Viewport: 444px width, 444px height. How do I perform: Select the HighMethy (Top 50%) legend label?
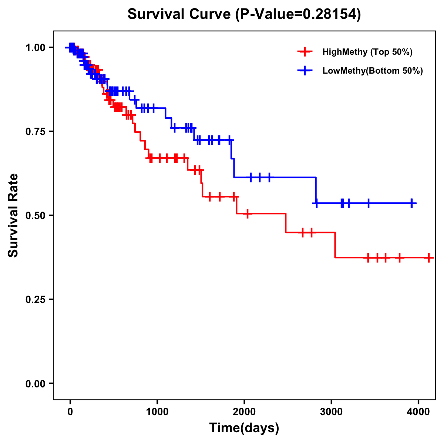click(x=367, y=52)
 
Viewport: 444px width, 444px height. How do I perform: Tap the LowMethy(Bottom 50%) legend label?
click(x=372, y=71)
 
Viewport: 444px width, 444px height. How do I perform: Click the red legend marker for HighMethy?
click(x=305, y=52)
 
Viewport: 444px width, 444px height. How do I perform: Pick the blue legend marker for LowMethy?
click(x=305, y=71)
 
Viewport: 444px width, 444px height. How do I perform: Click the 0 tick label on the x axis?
click(x=70, y=412)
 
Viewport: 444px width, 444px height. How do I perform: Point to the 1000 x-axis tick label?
click(x=157, y=412)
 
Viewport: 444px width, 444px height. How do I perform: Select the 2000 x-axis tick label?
click(x=244, y=412)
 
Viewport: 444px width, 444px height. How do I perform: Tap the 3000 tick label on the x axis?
click(x=331, y=412)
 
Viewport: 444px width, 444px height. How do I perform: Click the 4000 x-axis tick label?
click(x=418, y=412)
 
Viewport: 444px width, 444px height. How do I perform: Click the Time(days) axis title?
click(x=244, y=428)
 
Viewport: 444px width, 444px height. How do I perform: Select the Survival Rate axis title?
click(x=13, y=215)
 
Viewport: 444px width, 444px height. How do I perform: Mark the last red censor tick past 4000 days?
click(x=428, y=258)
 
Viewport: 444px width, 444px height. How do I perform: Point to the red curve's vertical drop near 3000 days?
click(x=335, y=245)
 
